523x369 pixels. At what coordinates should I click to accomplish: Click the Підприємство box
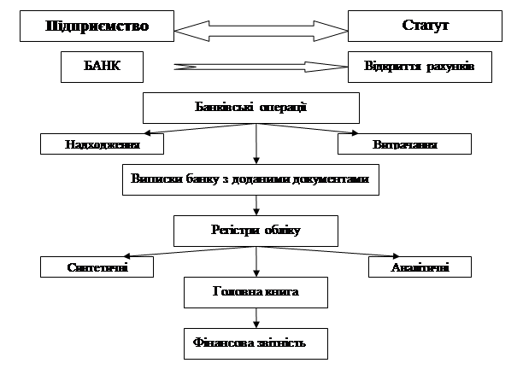tap(97, 26)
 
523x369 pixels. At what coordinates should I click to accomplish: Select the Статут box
tap(425, 26)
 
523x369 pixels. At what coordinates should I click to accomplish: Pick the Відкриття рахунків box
tap(420, 66)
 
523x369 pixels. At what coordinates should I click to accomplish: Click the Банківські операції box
tap(250, 108)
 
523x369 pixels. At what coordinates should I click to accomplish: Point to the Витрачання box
tap(404, 144)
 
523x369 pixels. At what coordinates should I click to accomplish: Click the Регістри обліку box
tap(256, 230)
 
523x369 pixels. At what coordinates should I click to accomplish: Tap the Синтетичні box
tap(97, 267)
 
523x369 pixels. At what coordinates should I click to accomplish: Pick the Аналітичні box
tap(408, 267)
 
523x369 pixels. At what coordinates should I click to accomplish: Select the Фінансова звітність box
tap(256, 343)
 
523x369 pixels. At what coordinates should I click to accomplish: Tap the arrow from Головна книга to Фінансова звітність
tap(256, 318)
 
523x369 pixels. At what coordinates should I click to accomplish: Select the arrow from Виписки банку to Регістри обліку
tap(256, 205)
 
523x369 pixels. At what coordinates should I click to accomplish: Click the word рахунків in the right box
tap(444, 66)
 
